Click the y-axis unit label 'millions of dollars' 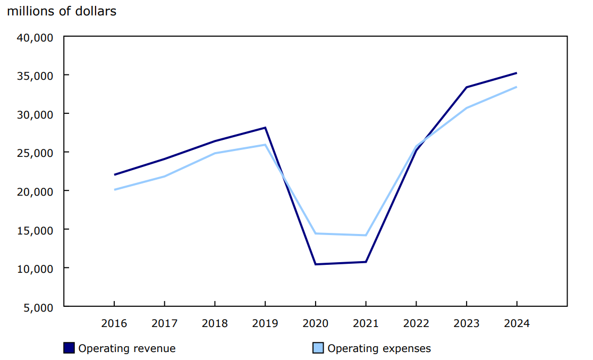(61, 11)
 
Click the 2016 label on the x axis (114, 323)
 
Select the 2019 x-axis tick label (265, 323)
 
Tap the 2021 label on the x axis (366, 323)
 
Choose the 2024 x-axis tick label (516, 323)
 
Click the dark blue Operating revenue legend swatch (69, 348)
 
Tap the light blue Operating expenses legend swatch (318, 348)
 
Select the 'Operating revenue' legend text (127, 349)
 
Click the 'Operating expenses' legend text (379, 349)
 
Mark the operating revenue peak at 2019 (265, 128)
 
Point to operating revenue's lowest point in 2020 (316, 264)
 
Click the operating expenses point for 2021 (366, 235)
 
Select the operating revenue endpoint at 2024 (516, 73)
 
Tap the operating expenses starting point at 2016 (114, 190)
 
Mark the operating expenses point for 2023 (467, 108)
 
